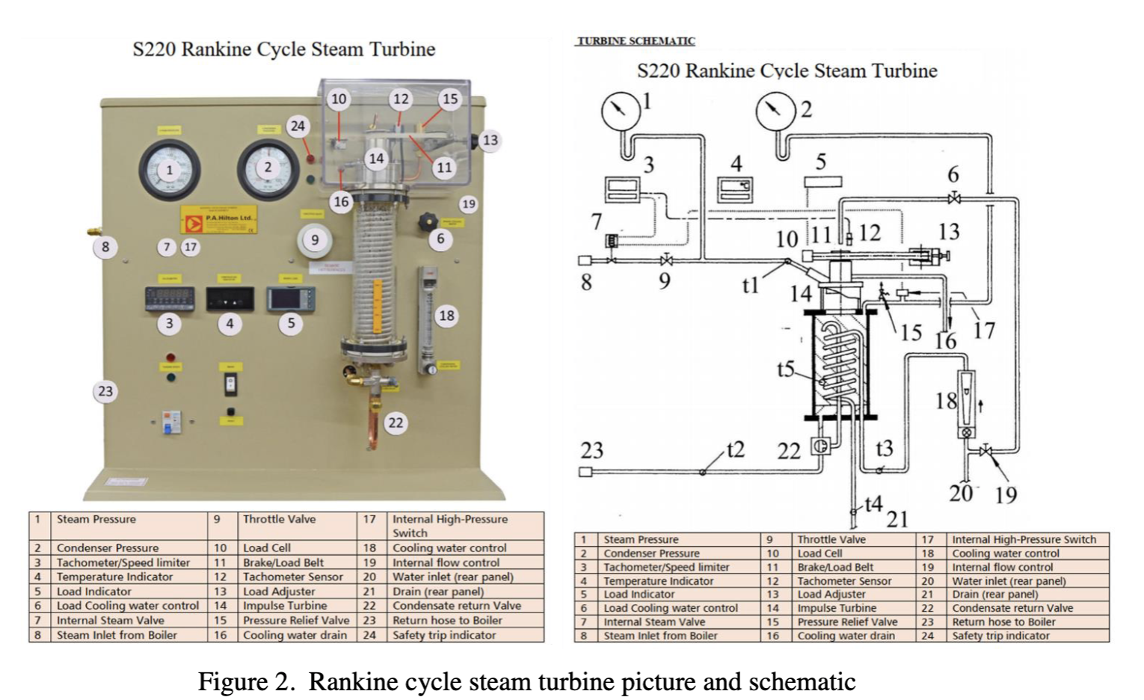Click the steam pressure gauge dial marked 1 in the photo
pyautogui.click(x=170, y=170)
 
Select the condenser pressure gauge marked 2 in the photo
pyautogui.click(x=268, y=168)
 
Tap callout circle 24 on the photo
pyautogui.click(x=298, y=126)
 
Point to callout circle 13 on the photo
pyautogui.click(x=490, y=140)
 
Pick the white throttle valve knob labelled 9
pyautogui.click(x=315, y=239)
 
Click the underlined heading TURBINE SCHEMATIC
pyautogui.click(x=636, y=41)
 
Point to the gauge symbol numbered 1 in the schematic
pyautogui.click(x=621, y=111)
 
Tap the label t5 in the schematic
pyautogui.click(x=785, y=369)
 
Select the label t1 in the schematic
pyautogui.click(x=750, y=285)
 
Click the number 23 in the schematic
pyautogui.click(x=591, y=450)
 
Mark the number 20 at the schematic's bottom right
pyautogui.click(x=962, y=493)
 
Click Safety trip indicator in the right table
pyautogui.click(x=1000, y=636)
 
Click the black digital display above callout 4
pyautogui.click(x=230, y=299)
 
